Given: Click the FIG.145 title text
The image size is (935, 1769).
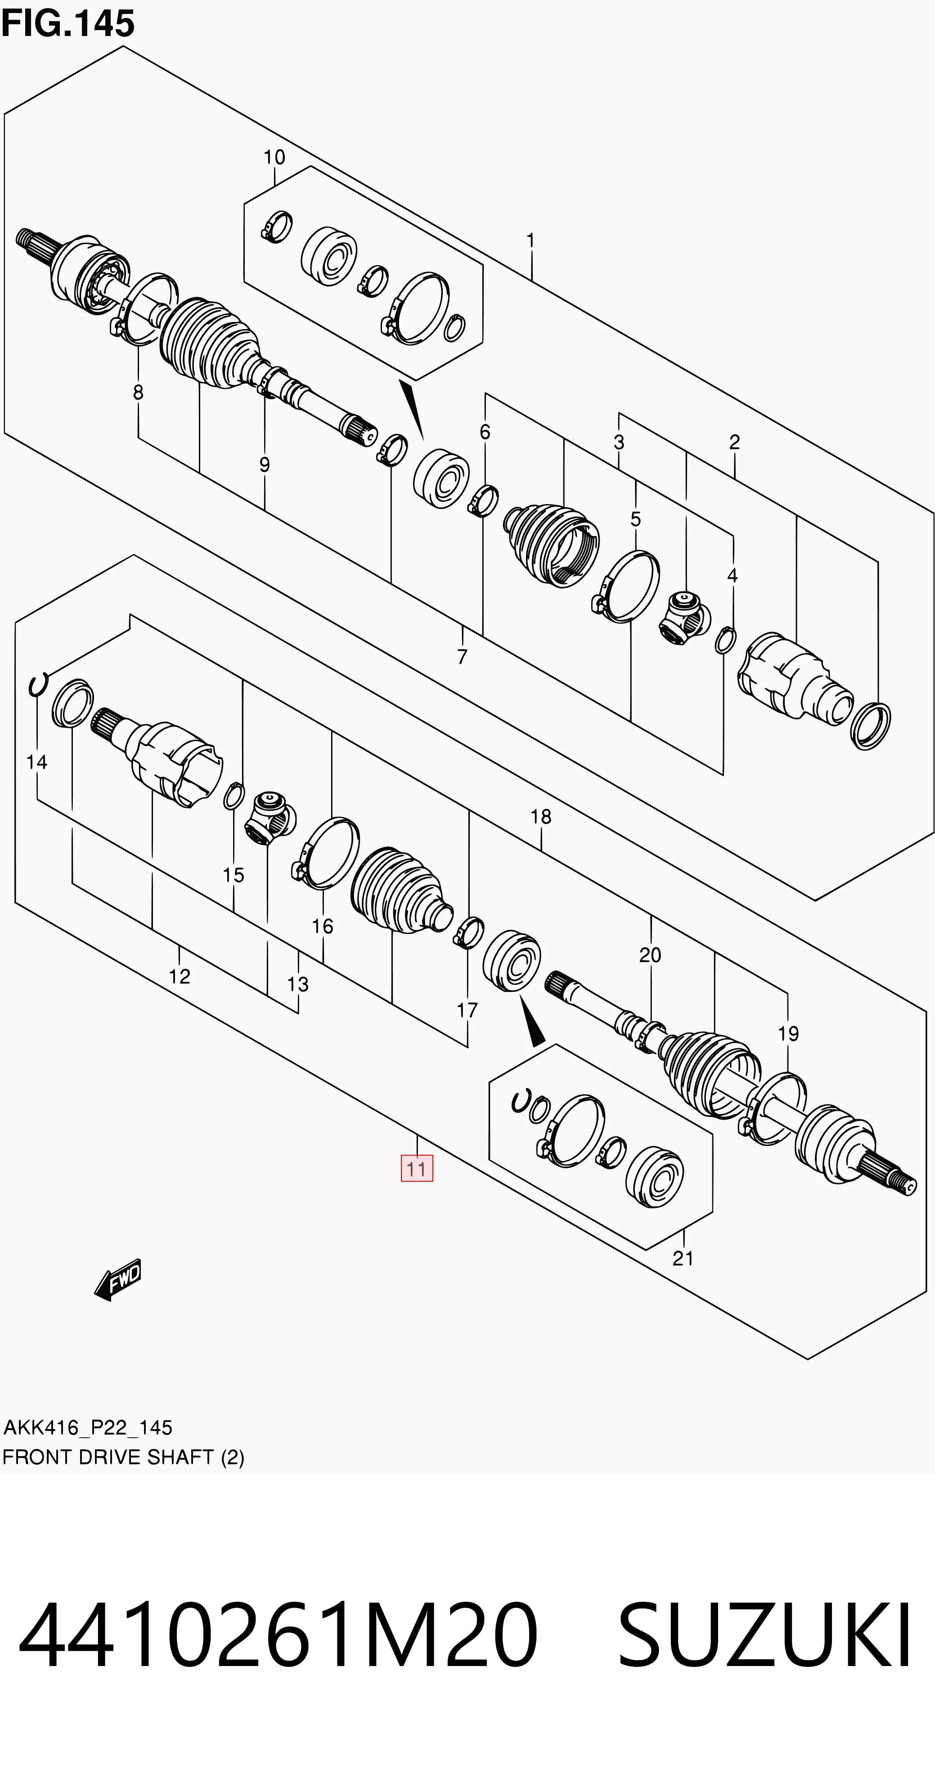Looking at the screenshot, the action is tap(67, 23).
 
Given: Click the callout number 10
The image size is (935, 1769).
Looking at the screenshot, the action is tap(274, 157).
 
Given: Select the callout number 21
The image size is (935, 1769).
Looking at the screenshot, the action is tap(683, 1258).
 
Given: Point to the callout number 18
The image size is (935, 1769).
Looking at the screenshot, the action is tap(541, 817).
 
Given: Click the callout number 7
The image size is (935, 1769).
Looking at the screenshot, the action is tap(463, 657).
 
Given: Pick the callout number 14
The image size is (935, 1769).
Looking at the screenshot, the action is tap(36, 762).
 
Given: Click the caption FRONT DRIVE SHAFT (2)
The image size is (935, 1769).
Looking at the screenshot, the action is tap(123, 1456).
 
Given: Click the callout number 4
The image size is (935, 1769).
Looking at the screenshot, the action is tap(733, 576).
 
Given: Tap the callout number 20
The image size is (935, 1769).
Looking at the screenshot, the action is tap(650, 955).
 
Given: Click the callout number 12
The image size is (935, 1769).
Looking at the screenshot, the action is tap(179, 976).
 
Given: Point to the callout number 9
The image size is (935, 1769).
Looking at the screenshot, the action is tap(265, 465).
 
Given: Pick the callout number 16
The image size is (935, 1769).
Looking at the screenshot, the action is tap(322, 926).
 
